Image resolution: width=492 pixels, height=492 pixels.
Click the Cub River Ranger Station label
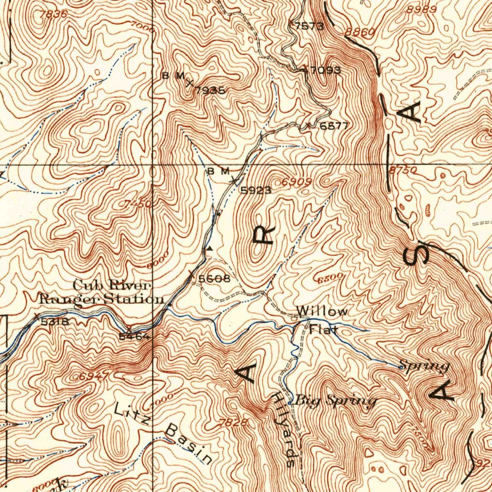tap(101, 292)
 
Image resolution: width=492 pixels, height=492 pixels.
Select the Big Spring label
tap(335, 400)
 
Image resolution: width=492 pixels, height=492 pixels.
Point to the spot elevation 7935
tap(210, 90)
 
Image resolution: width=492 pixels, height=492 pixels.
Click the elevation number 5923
tap(256, 190)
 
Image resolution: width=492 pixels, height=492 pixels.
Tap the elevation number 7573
tap(309, 26)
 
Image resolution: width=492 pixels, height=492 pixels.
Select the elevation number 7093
tap(325, 71)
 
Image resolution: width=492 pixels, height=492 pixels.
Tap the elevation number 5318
tap(55, 321)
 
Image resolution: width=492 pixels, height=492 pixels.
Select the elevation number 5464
tap(134, 336)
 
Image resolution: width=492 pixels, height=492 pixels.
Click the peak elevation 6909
tap(297, 182)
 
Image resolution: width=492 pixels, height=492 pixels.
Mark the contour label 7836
tap(53, 14)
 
